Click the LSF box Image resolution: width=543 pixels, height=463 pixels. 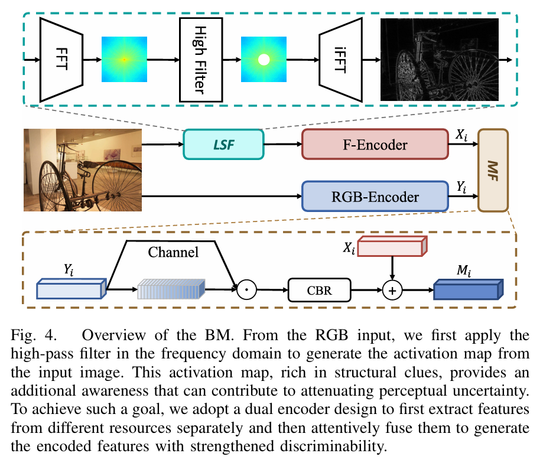point(223,144)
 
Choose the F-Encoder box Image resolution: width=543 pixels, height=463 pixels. point(375,144)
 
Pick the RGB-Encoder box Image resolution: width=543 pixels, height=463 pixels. point(375,196)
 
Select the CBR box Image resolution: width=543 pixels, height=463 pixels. point(319,291)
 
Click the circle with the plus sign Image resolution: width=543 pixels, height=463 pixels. point(392,291)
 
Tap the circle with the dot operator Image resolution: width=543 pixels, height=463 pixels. point(246,291)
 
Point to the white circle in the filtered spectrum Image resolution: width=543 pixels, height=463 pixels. point(264,60)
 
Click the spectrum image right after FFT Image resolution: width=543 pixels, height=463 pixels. point(124,60)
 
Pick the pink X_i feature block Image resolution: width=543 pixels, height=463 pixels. point(391,247)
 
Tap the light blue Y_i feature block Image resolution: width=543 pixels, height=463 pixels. point(70,291)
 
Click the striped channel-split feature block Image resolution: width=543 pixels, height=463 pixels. point(171,291)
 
